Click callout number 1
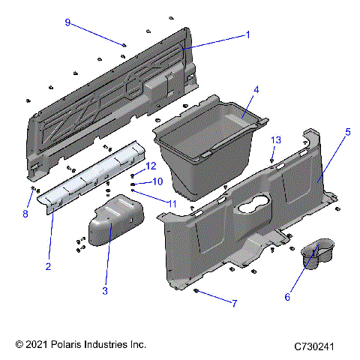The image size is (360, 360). tap(247, 34)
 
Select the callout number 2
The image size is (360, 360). tap(48, 266)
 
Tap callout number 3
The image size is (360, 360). tap(105, 290)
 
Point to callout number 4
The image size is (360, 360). tap(256, 89)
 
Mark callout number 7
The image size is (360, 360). tap(234, 304)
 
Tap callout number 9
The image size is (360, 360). tap(67, 22)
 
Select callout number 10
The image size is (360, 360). tap(157, 181)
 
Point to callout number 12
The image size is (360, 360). tap(151, 166)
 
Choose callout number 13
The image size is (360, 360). tap(276, 140)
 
